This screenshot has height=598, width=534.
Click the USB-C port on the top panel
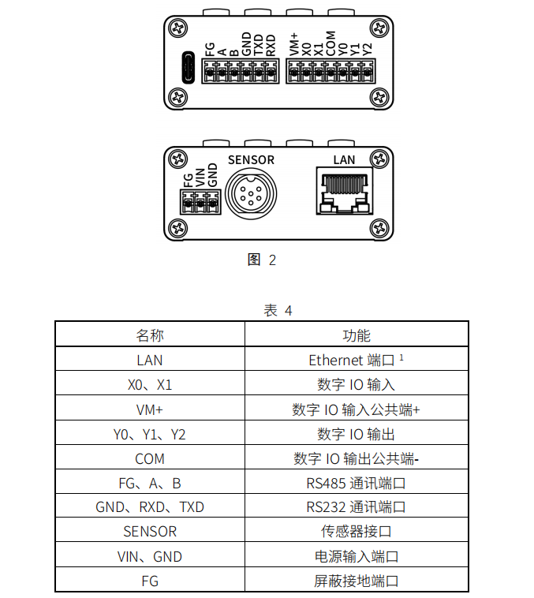pos(188,68)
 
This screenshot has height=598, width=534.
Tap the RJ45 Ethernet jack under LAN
pos(345,190)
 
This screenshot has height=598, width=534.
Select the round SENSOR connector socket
pos(251,194)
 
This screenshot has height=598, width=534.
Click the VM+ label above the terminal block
pos(293,45)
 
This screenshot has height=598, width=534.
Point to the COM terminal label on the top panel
pos(330,43)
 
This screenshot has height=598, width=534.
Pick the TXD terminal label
pos(258,45)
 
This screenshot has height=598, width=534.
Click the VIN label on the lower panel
pos(200,178)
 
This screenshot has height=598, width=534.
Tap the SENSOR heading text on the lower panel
pos(251,160)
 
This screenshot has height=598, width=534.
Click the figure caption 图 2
pos(262,260)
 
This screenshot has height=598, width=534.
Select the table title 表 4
pos(278,311)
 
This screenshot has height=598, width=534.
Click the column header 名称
pos(150,335)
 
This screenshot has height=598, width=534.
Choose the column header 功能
pos(357,335)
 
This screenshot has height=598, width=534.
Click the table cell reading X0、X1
pos(150,385)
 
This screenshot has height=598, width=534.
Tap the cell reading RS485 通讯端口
pos(356,483)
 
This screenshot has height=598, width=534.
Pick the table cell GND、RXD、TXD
pos(150,506)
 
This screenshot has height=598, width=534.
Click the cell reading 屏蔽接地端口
pos(357,581)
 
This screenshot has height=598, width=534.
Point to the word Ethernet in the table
pos(336,360)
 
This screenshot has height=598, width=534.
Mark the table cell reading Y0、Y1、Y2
pos(150,435)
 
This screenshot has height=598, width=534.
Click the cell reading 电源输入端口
pos(357,556)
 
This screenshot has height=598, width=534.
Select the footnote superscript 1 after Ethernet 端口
pos(401,357)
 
